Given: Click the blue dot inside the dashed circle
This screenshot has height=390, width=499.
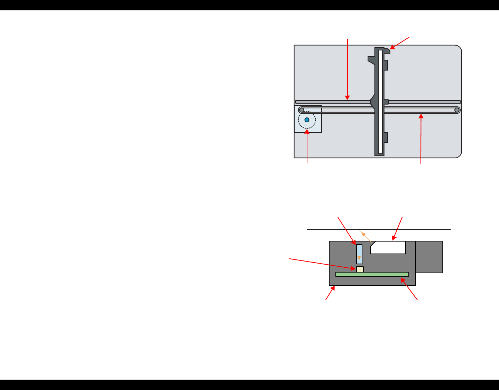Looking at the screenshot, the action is [x=307, y=120].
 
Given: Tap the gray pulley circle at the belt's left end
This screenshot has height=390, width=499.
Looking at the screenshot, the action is [x=302, y=110].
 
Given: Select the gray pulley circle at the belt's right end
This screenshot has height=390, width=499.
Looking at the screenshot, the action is [x=457, y=110].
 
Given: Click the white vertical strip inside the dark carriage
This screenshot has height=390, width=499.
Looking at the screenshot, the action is [x=380, y=102].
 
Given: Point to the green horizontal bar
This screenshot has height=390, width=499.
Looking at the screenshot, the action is [x=372, y=274].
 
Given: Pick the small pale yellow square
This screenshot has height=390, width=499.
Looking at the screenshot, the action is [x=360, y=269].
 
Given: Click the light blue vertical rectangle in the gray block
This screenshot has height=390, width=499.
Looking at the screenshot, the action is [x=359, y=254].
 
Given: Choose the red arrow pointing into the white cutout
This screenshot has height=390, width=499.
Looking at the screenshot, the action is [x=398, y=228].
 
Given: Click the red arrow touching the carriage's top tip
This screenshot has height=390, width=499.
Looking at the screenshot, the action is [x=400, y=42].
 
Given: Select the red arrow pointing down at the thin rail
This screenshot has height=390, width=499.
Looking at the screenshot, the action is [x=348, y=69].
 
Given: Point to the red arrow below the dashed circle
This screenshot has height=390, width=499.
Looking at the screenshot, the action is [x=307, y=145].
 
